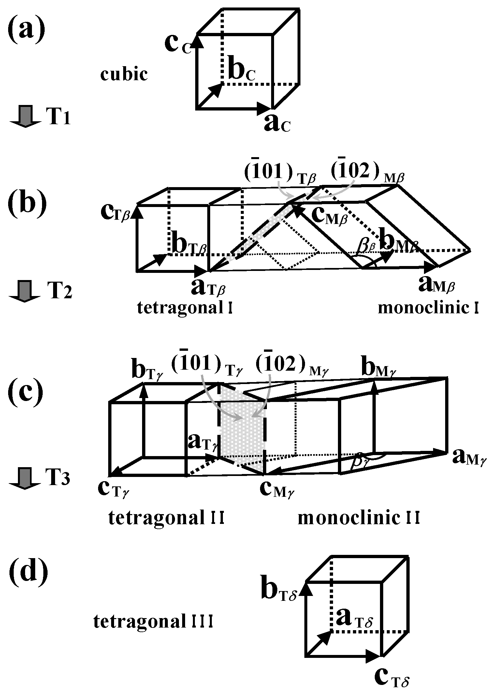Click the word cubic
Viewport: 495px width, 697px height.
pyautogui.click(x=124, y=75)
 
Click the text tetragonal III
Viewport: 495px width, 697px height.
pyautogui.click(x=153, y=622)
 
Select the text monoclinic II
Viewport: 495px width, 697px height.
pyautogui.click(x=359, y=518)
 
